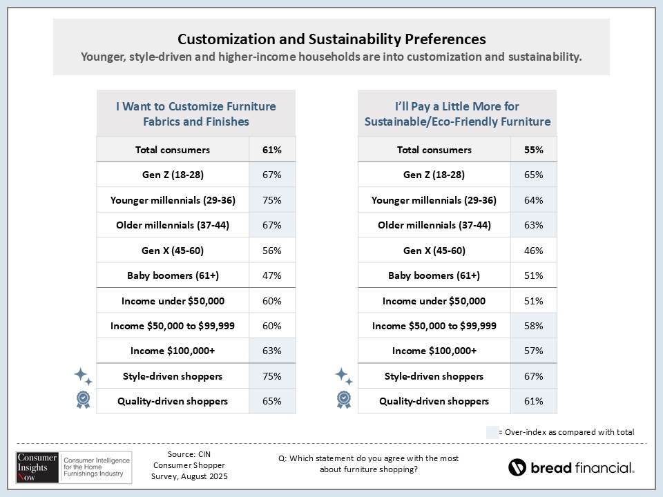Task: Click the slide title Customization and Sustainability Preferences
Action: point(331,39)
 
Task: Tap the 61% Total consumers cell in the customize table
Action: point(272,150)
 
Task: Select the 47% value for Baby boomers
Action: point(272,275)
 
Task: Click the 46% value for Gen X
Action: point(533,251)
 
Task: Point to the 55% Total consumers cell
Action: point(533,150)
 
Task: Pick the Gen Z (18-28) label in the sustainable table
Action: point(434,175)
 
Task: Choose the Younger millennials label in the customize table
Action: point(173,200)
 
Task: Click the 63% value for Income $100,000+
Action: point(272,351)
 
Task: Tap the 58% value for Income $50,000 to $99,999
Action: point(533,326)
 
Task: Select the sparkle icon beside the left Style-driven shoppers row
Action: point(83,376)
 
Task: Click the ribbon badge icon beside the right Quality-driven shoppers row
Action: point(344,399)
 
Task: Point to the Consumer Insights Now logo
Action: point(70,466)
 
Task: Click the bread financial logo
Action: point(571,467)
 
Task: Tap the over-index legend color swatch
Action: point(492,432)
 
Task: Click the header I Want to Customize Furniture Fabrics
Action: point(195,114)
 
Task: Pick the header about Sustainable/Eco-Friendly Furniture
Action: point(457,114)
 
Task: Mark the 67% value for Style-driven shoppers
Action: point(533,376)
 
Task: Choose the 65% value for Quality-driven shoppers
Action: point(272,401)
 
